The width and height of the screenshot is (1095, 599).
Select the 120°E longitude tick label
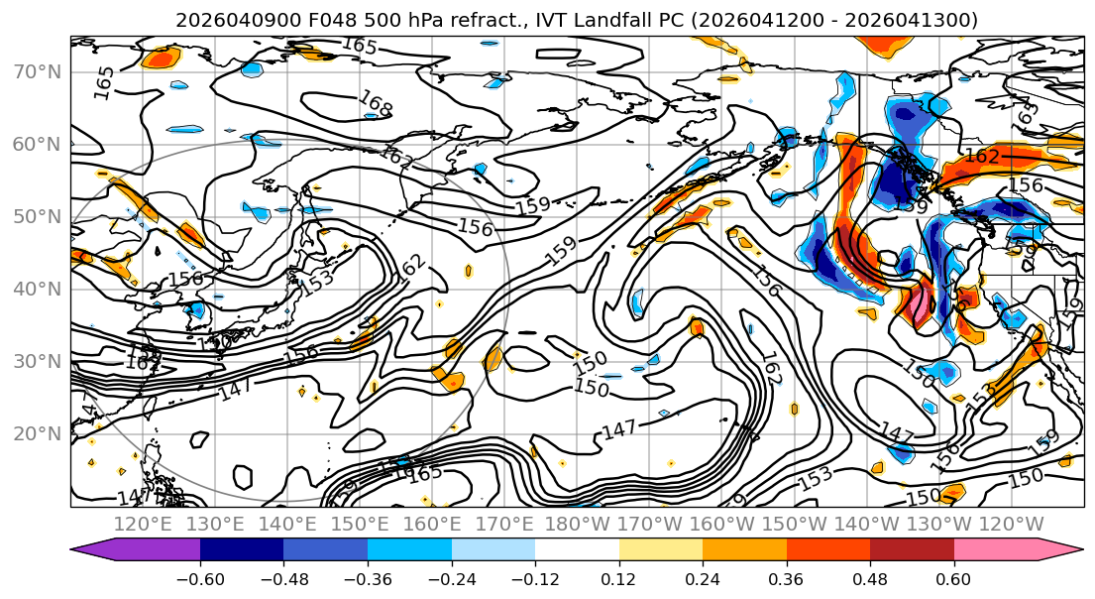point(145,524)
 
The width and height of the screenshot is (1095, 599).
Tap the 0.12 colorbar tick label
point(619,578)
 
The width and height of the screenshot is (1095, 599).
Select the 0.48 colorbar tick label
point(870,578)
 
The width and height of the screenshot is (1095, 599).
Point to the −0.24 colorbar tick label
point(451,578)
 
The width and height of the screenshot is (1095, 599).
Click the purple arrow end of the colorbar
point(94,550)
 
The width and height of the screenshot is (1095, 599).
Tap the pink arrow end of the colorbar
point(1060,550)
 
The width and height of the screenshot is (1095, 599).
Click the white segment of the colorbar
point(577,550)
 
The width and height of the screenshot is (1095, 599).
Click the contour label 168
point(376,103)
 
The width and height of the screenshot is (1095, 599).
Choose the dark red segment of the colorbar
point(912,550)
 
